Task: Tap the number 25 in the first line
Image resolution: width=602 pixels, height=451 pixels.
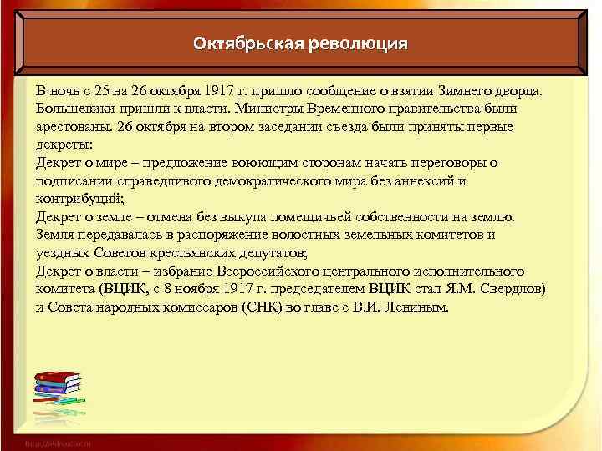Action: tap(97, 90)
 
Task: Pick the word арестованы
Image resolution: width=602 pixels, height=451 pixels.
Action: tap(74, 127)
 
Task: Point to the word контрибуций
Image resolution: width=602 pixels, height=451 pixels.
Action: tap(79, 199)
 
